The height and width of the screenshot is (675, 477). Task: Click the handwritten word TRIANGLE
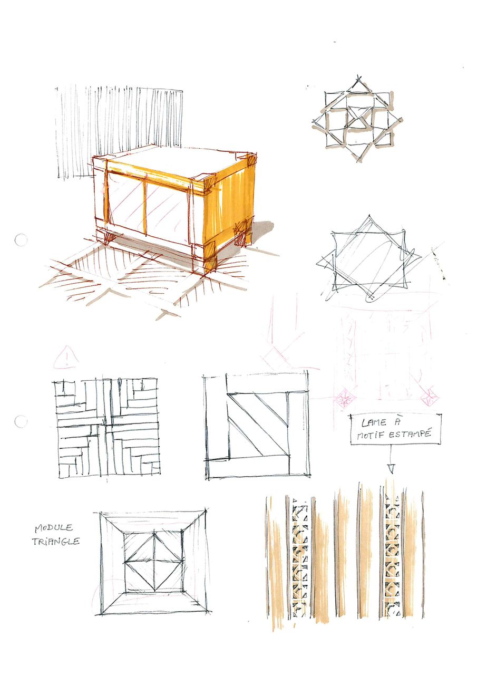(x=56, y=542)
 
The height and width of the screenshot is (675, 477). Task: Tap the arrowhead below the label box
(x=391, y=468)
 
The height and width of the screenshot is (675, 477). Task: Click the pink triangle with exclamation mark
(x=66, y=358)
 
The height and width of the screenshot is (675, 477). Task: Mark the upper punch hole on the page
(x=21, y=240)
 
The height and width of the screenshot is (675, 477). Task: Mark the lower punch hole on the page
(x=21, y=421)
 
